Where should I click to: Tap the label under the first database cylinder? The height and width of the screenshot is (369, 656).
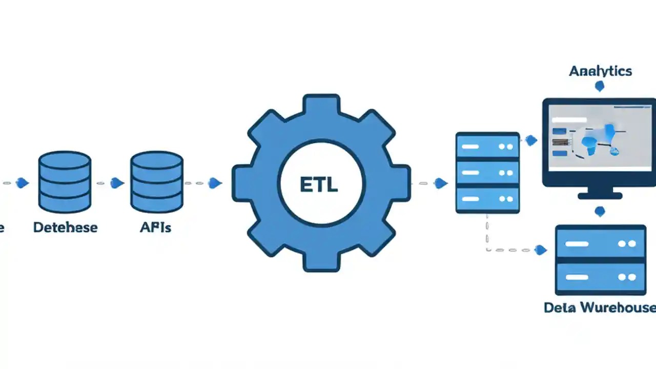click(x=65, y=227)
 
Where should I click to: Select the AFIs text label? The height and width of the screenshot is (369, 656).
click(x=155, y=227)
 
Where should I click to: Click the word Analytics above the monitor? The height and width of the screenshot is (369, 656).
click(x=600, y=71)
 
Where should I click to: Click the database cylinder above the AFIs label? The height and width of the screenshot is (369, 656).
click(x=156, y=182)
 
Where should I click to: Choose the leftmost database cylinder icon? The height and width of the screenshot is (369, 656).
click(x=65, y=182)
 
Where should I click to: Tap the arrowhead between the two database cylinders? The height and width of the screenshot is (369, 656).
click(x=117, y=182)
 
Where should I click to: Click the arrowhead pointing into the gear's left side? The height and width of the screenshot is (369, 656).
click(x=215, y=182)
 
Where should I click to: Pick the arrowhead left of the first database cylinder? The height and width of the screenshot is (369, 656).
click(x=22, y=182)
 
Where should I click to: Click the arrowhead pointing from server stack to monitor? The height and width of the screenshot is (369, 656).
click(x=531, y=140)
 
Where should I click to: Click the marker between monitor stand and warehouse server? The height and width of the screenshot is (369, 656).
click(x=600, y=211)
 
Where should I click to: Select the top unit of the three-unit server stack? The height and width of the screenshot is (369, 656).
click(x=487, y=147)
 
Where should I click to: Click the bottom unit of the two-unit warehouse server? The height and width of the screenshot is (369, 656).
click(x=600, y=277)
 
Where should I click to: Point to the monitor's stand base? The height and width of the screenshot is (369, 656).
click(x=600, y=195)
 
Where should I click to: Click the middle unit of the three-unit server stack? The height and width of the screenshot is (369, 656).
click(x=487, y=173)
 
